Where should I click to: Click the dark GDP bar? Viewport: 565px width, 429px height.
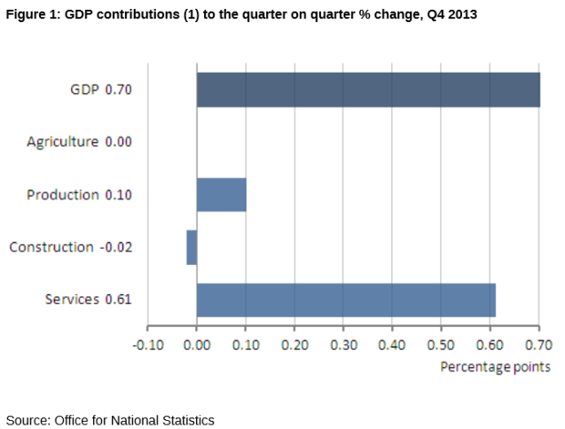[x=368, y=90]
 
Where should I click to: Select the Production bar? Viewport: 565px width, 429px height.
[x=221, y=194]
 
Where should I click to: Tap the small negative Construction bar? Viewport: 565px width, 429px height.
[x=191, y=247]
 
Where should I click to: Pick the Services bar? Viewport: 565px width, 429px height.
[x=346, y=300]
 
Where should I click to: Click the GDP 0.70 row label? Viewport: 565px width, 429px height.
[x=101, y=90]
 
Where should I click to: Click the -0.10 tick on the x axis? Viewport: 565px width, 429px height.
[x=149, y=346]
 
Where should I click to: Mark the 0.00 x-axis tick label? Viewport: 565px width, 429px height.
[x=197, y=346]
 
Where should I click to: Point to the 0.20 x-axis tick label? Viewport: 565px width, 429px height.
[x=294, y=346]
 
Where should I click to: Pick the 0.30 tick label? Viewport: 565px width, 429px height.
[x=344, y=346]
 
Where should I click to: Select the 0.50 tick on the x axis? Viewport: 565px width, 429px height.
[x=441, y=346]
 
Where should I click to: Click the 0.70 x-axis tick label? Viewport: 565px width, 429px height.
[x=539, y=346]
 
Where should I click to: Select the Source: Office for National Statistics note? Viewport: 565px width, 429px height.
[x=109, y=420]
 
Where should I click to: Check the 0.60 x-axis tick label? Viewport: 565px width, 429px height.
[x=490, y=346]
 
